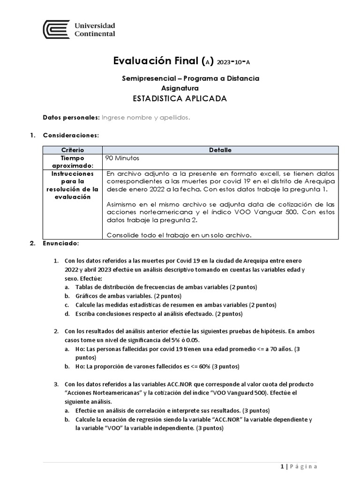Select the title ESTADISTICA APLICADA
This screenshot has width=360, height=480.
coord(180,99)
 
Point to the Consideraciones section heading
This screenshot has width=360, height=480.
coord(70,135)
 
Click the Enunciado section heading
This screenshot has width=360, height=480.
coord(61,244)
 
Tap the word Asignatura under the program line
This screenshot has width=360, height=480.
coord(180,88)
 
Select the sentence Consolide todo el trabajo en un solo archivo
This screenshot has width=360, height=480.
coord(179,235)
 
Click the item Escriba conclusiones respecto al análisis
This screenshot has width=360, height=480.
coord(159,314)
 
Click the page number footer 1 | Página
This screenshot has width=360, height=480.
coord(299,466)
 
